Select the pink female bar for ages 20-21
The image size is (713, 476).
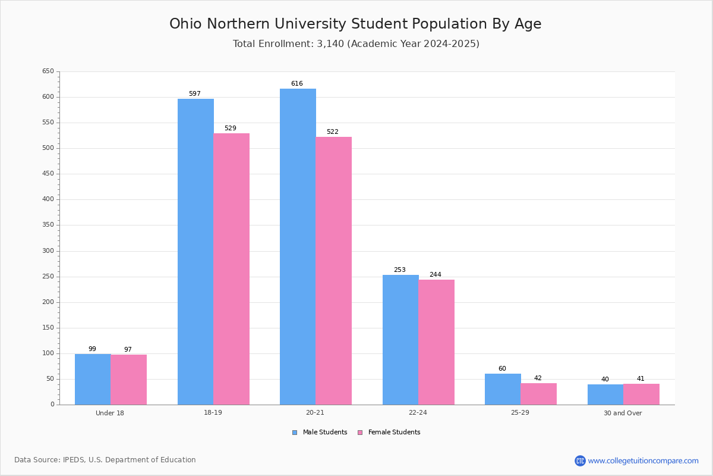333,271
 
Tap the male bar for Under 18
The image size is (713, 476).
93,379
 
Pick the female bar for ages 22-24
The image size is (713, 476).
436,342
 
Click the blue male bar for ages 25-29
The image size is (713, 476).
503,389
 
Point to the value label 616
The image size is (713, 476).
296,84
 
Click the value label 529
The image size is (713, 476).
230,129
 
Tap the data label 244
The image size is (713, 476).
435,275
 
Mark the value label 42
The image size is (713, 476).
538,378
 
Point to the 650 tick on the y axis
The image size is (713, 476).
48,71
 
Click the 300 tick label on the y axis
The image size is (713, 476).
48,251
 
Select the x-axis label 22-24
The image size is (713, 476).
418,413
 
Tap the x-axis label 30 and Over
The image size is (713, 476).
623,413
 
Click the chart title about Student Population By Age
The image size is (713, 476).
355,24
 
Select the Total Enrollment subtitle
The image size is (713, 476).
356,44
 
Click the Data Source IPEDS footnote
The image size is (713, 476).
105,460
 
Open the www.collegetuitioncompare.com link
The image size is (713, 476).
643,461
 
